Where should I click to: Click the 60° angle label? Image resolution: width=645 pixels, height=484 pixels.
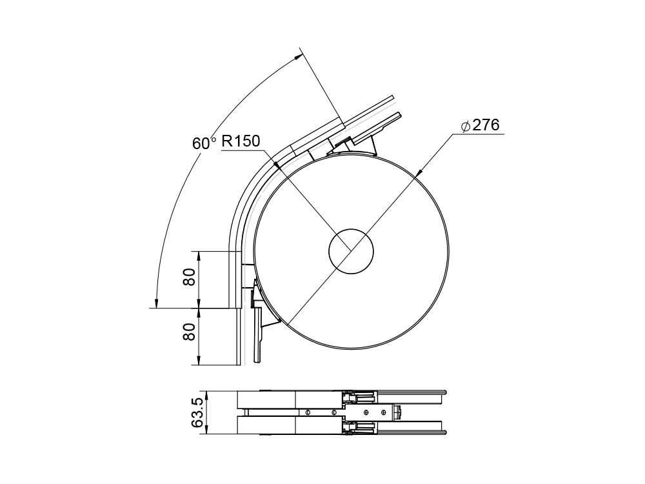[204, 143]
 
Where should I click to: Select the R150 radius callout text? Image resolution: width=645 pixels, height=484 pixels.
[241, 141]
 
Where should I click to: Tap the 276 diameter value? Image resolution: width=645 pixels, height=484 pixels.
[486, 125]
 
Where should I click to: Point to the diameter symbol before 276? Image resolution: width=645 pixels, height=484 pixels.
[466, 126]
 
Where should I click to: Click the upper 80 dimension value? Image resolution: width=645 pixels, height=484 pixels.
[189, 277]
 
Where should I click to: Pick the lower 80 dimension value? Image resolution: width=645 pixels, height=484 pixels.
[189, 332]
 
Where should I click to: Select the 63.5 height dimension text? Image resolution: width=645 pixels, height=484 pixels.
[197, 413]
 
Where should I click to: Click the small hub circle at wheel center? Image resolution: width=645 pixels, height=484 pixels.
[351, 251]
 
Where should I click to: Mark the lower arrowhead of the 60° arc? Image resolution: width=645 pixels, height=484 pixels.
[155, 302]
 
